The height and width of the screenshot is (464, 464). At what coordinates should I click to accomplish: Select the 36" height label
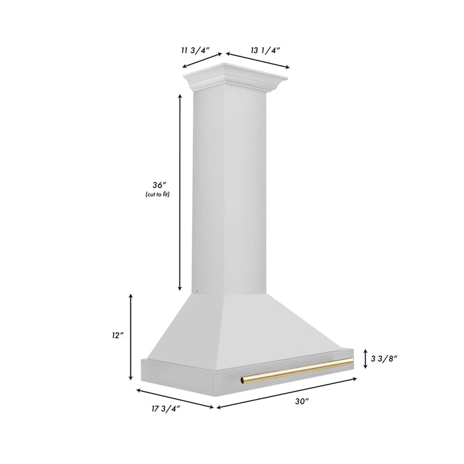pos(157,184)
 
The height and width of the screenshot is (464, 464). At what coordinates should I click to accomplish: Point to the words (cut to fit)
pos(157,195)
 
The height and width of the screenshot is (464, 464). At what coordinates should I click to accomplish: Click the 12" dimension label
pos(119,336)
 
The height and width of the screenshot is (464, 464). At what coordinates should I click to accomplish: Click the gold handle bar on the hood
pos(298,371)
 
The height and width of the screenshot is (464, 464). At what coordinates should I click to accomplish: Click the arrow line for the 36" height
pos(180,192)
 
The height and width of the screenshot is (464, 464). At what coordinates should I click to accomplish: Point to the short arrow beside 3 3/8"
pos(365,359)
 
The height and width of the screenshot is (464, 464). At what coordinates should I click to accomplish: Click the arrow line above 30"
pos(288,392)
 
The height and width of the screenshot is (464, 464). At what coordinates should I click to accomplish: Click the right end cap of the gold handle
pos(349,363)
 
